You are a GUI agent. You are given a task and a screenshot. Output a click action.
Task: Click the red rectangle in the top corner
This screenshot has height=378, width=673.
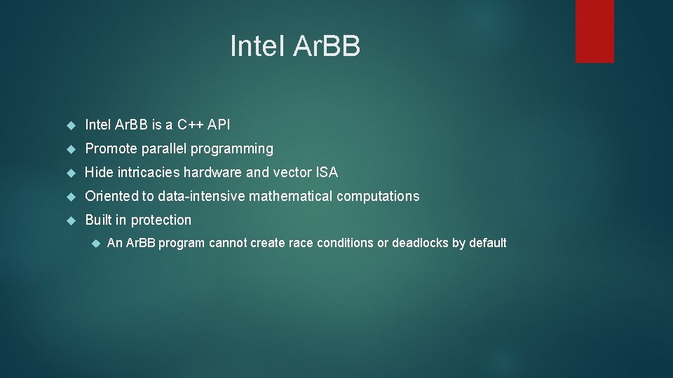594,31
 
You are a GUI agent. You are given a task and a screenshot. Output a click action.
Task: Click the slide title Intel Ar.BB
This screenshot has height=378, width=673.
295,46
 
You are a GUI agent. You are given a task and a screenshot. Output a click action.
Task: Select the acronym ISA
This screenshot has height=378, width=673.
325,172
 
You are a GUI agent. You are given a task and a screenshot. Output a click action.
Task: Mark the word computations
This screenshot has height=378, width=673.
378,197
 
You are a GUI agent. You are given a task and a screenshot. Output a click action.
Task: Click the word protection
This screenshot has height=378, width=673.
161,220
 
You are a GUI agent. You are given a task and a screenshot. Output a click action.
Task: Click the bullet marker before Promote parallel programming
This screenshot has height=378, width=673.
70,149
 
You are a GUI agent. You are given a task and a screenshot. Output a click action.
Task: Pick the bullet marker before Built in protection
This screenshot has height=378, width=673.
70,220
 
